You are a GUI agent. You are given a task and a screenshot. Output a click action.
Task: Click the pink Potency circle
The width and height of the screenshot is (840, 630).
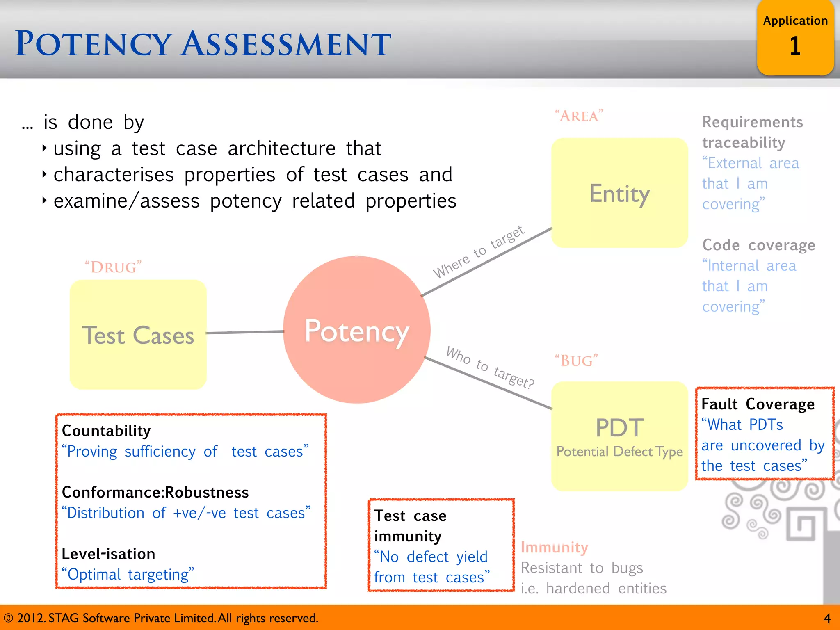click(x=356, y=330)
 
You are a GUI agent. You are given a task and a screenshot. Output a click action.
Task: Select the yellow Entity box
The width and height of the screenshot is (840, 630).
click(x=619, y=193)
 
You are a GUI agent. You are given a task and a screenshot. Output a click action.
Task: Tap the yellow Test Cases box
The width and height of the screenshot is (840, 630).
click(x=138, y=335)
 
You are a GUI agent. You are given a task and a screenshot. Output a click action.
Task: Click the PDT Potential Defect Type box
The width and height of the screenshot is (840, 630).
click(x=619, y=436)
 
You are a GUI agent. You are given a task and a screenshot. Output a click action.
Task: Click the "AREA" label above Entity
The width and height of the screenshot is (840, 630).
click(x=579, y=116)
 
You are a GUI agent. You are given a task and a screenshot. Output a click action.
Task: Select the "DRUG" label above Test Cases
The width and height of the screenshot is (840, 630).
click(x=113, y=267)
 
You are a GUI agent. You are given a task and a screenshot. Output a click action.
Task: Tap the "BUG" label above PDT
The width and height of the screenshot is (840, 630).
click(x=576, y=361)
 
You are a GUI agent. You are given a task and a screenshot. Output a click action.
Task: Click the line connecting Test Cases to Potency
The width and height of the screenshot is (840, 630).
click(x=244, y=332)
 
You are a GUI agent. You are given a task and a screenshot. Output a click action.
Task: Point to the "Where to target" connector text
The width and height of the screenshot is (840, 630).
click(x=478, y=252)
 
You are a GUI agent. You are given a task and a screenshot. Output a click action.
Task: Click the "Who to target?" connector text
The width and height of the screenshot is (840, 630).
click(x=490, y=367)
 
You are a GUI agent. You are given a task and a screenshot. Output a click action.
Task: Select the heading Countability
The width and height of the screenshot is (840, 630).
click(x=106, y=431)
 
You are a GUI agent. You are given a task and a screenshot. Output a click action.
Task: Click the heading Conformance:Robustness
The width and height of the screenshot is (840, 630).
click(x=155, y=492)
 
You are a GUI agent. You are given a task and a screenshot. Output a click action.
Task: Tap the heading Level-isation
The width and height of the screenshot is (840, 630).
click(x=108, y=554)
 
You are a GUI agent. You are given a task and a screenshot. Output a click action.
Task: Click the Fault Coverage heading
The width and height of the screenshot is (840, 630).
click(x=758, y=404)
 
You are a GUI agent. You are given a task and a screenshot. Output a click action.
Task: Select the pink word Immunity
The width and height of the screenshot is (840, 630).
click(x=554, y=547)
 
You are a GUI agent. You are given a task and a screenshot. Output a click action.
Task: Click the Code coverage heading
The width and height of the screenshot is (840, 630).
click(x=758, y=245)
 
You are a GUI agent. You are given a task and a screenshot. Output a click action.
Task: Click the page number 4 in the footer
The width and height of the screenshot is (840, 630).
click(x=827, y=618)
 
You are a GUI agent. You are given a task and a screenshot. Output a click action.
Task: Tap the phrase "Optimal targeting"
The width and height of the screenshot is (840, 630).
click(x=128, y=574)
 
